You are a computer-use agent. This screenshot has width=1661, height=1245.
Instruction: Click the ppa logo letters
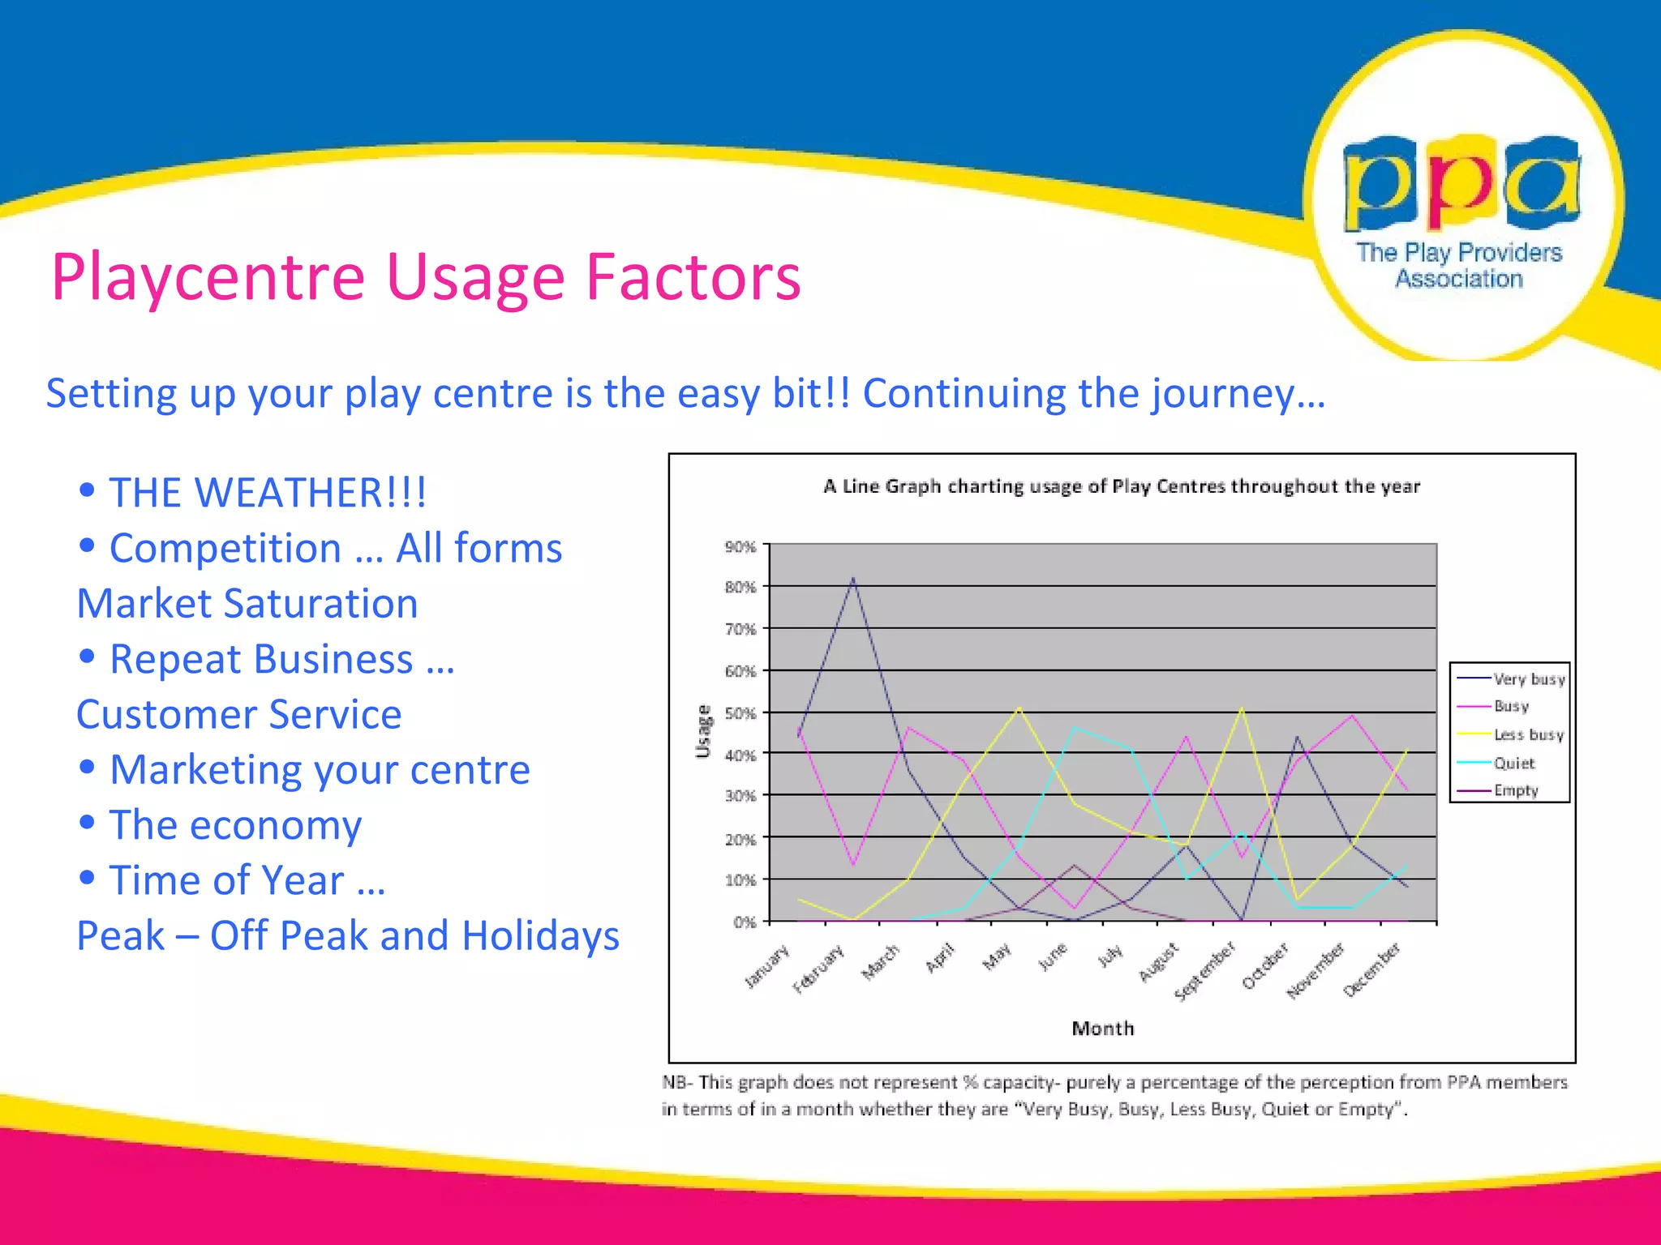1461,183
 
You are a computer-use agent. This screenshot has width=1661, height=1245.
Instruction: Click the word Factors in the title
693,277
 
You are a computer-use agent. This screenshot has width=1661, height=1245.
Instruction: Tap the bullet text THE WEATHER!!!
268,493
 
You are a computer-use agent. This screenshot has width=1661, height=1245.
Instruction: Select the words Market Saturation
247,604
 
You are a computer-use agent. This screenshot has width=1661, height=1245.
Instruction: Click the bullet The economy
235,825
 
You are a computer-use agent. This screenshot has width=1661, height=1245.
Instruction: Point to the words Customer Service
239,715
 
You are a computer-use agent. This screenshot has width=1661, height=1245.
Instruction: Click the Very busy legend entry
1528,679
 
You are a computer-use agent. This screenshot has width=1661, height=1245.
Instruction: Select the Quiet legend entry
1513,763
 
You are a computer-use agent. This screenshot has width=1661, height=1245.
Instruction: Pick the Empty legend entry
1515,790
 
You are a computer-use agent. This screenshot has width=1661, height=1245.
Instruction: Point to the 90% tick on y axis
740,547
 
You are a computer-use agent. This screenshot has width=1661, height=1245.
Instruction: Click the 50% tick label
740,713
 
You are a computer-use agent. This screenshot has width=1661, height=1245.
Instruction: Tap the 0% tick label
744,922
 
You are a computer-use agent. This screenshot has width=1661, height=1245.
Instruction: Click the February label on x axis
819,969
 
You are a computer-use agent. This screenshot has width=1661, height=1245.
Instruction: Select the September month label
1205,971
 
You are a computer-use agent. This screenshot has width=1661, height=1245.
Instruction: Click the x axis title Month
1102,1029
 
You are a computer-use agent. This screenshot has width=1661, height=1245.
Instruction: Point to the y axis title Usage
703,732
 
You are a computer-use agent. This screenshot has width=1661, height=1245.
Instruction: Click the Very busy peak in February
853,579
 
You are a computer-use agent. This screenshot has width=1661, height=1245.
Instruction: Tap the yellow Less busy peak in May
1019,708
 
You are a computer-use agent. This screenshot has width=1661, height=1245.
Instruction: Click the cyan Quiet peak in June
1075,727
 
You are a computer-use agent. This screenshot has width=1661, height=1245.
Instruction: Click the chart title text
1122,486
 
